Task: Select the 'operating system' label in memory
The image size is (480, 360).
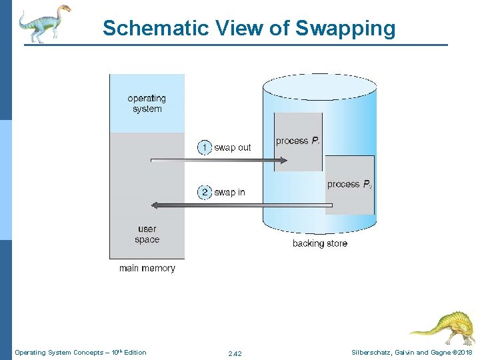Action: (x=147, y=103)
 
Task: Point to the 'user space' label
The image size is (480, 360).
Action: (x=147, y=234)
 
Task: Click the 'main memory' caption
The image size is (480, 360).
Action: (x=147, y=268)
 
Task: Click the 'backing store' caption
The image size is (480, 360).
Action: (x=319, y=243)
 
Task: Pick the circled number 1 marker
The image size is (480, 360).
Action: (x=205, y=147)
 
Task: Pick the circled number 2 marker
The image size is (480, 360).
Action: (x=205, y=192)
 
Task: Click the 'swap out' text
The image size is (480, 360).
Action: (x=232, y=147)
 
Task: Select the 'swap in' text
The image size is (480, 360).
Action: (x=229, y=192)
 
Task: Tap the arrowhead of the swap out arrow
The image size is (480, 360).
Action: (x=283, y=160)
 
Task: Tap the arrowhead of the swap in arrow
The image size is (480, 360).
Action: (x=155, y=205)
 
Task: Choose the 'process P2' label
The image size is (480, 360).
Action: (x=349, y=184)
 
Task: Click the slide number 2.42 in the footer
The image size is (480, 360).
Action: (x=234, y=353)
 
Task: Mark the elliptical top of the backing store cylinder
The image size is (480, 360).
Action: (x=319, y=83)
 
